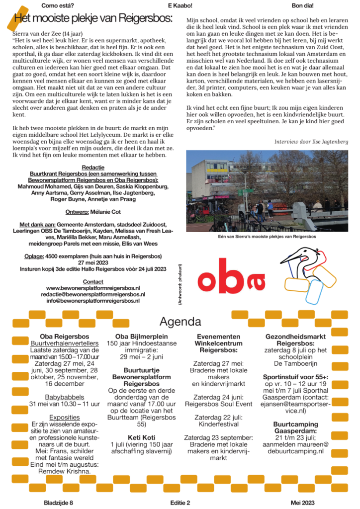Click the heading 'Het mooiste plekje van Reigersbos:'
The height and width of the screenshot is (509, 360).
[x=93, y=19]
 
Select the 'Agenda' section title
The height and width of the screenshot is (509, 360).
[x=180, y=321]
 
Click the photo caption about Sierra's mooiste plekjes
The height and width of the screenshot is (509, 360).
[x=267, y=237]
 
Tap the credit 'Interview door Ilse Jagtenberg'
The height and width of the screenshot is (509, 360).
[x=311, y=142]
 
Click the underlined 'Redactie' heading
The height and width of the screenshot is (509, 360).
[x=93, y=168]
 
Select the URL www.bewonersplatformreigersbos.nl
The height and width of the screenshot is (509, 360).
[x=93, y=288]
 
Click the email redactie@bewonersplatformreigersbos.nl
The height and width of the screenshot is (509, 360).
[x=93, y=294]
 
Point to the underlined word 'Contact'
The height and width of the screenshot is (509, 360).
[x=93, y=282]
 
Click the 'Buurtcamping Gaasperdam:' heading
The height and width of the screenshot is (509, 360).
[x=295, y=427]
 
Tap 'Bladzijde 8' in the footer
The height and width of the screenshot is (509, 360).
[x=58, y=503]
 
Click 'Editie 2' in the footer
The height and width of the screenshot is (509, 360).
[x=180, y=503]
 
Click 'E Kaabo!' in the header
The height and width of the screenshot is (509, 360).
[x=180, y=5]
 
